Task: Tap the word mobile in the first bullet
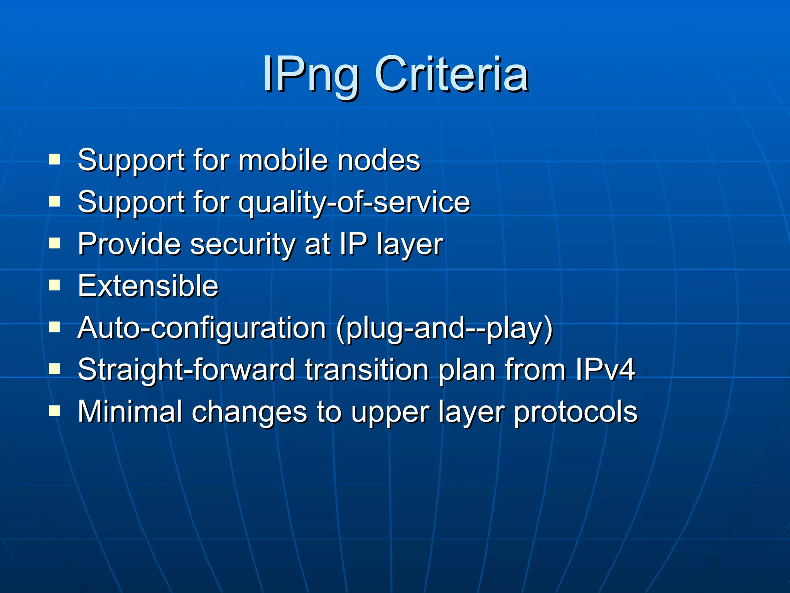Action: pos(284,160)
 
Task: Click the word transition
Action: pos(367,370)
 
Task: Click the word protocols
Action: pos(576,412)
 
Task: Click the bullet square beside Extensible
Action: pos(54,286)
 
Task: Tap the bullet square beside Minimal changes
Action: pos(54,411)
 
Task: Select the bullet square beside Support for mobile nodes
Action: pos(54,159)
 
